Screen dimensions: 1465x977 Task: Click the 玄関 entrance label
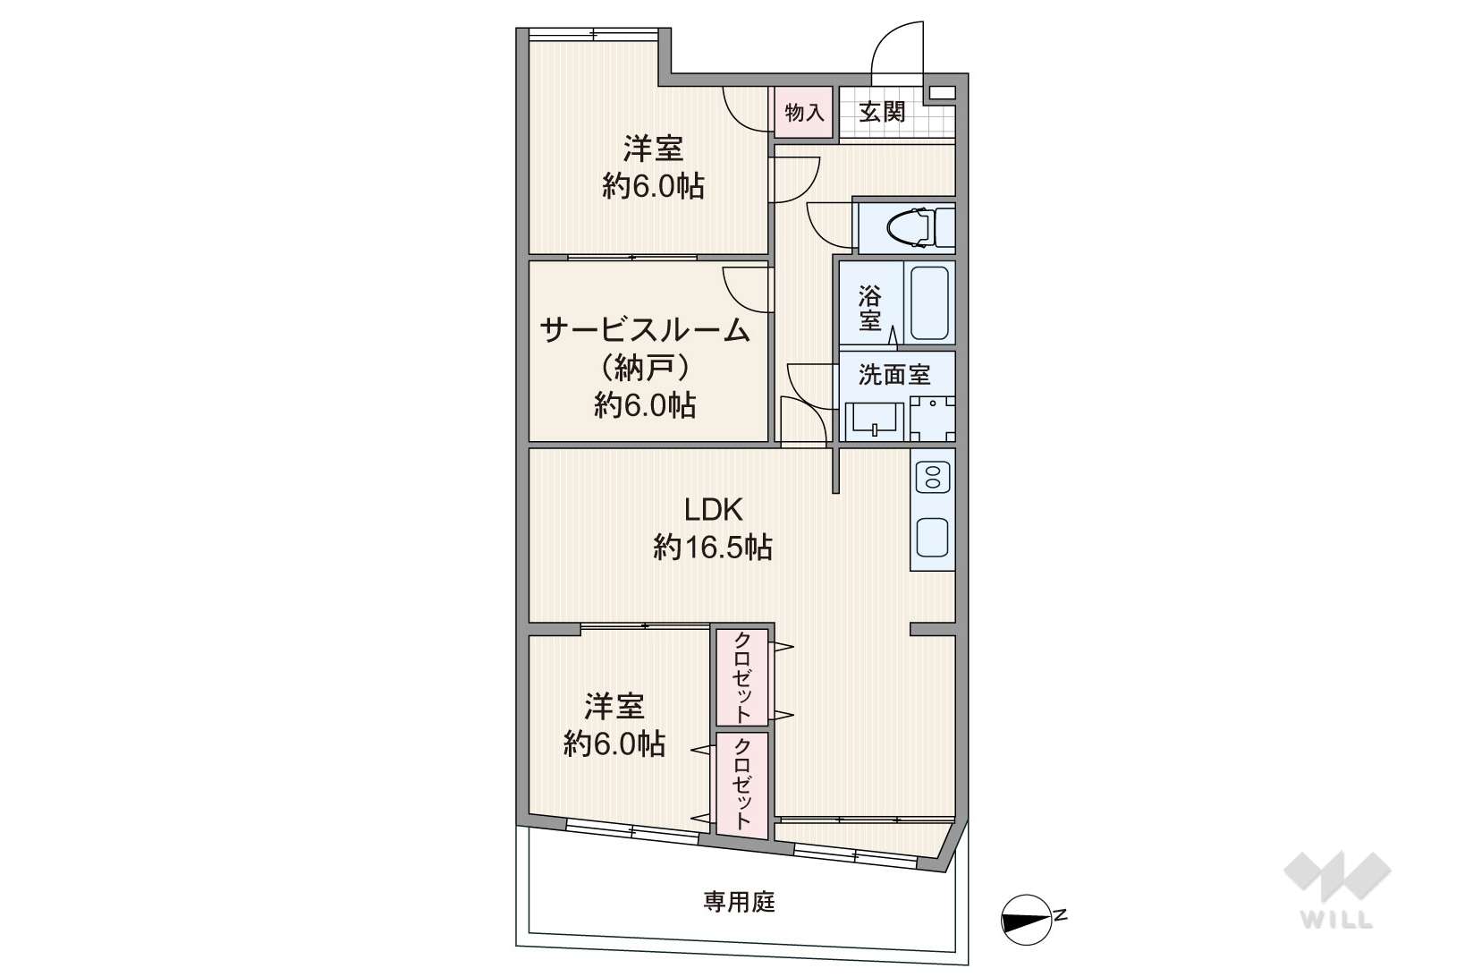click(x=882, y=113)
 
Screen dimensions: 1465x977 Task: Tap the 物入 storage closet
click(x=803, y=113)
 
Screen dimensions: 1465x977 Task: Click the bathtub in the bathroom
click(x=929, y=303)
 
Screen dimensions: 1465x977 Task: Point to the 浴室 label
click(x=870, y=308)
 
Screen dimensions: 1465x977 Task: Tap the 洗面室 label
click(x=894, y=375)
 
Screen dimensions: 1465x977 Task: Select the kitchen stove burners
click(x=933, y=477)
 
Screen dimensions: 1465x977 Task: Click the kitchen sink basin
click(x=932, y=537)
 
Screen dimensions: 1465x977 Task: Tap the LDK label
click(x=713, y=510)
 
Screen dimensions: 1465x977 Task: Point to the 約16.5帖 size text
click(x=713, y=547)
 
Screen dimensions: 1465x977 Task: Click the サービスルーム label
click(x=645, y=331)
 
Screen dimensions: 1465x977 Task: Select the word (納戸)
click(x=645, y=369)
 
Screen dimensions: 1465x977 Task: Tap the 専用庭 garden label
click(x=739, y=903)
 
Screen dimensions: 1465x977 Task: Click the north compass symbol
click(x=1029, y=920)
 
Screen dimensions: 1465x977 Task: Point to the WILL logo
click(x=1337, y=888)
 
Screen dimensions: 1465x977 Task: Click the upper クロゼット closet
click(x=742, y=677)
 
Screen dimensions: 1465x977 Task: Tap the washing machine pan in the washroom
click(x=933, y=419)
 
